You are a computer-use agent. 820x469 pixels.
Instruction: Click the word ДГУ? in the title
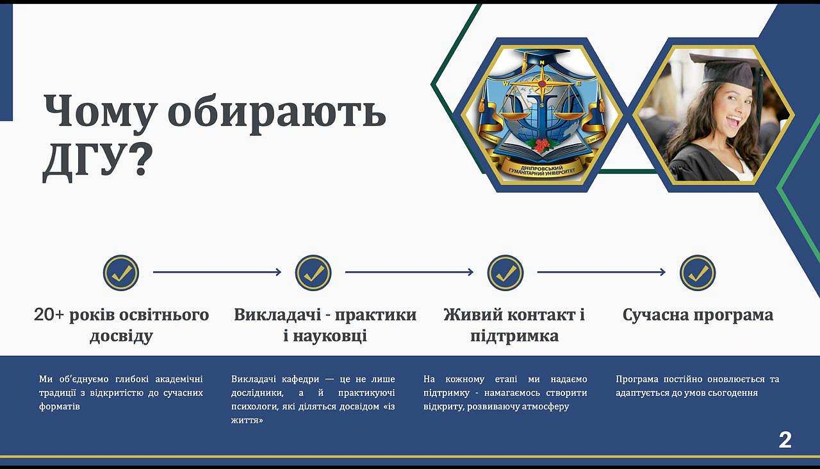tap(97, 161)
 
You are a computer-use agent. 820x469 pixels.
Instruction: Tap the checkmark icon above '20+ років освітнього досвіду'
tap(121, 273)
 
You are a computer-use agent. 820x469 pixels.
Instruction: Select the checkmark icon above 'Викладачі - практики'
tap(313, 273)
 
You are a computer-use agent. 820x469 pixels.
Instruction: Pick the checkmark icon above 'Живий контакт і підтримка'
tap(505, 273)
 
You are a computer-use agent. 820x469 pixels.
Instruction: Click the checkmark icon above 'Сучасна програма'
tap(698, 273)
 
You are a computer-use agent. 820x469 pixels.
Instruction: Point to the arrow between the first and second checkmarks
tap(217, 272)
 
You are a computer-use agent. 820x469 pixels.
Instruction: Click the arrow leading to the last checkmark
tap(602, 272)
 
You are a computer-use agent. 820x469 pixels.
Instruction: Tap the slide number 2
tap(785, 440)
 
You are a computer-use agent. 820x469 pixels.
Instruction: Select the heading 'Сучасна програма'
tap(698, 315)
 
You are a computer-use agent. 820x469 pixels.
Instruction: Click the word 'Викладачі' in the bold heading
tap(277, 315)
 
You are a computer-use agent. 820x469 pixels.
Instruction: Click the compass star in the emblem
tap(542, 84)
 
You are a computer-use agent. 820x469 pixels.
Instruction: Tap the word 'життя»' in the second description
tap(247, 420)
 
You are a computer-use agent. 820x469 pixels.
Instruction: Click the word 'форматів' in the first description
tap(60, 406)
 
